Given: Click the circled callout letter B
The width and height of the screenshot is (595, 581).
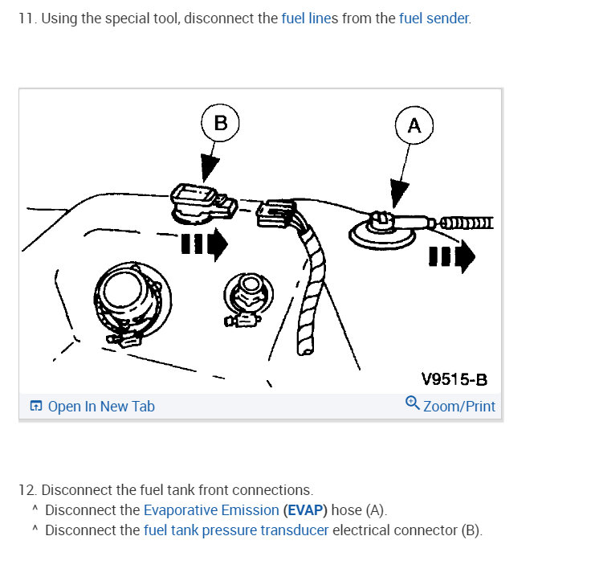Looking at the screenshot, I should click(x=220, y=123).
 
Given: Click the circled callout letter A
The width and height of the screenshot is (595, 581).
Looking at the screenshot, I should click(x=414, y=125).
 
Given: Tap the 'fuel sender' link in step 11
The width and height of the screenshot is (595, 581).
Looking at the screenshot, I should click(x=434, y=18).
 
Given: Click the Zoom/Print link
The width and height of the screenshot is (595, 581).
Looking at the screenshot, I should click(x=458, y=407).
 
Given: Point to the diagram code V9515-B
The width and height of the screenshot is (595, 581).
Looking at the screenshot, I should click(x=454, y=379).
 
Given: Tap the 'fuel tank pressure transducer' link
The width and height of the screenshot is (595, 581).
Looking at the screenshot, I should click(x=236, y=530).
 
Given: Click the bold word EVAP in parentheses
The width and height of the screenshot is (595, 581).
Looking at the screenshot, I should click(x=305, y=510).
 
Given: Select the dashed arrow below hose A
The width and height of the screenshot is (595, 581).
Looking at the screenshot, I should click(x=452, y=257).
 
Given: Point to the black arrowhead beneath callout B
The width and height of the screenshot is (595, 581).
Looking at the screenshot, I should click(x=210, y=168).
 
